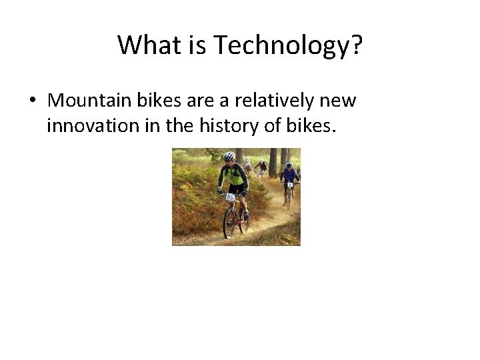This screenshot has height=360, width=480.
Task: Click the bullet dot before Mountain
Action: [x=31, y=101]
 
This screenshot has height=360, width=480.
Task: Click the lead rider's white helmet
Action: [x=229, y=156]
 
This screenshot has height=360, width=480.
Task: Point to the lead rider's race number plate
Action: [x=231, y=197]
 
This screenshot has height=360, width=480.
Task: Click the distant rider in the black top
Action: [x=262, y=167]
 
